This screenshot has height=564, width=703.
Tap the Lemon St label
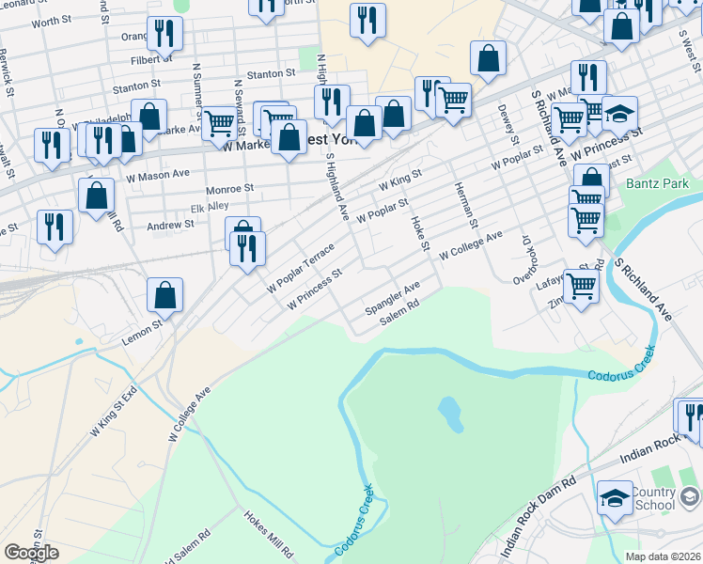click(141, 332)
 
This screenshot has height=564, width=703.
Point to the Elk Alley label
click(210, 206)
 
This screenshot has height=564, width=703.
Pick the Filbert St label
click(152, 57)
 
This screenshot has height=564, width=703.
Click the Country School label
click(652, 499)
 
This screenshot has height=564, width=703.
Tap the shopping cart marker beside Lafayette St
click(581, 284)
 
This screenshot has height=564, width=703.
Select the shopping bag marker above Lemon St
click(165, 295)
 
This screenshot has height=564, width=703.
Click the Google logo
click(31, 552)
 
